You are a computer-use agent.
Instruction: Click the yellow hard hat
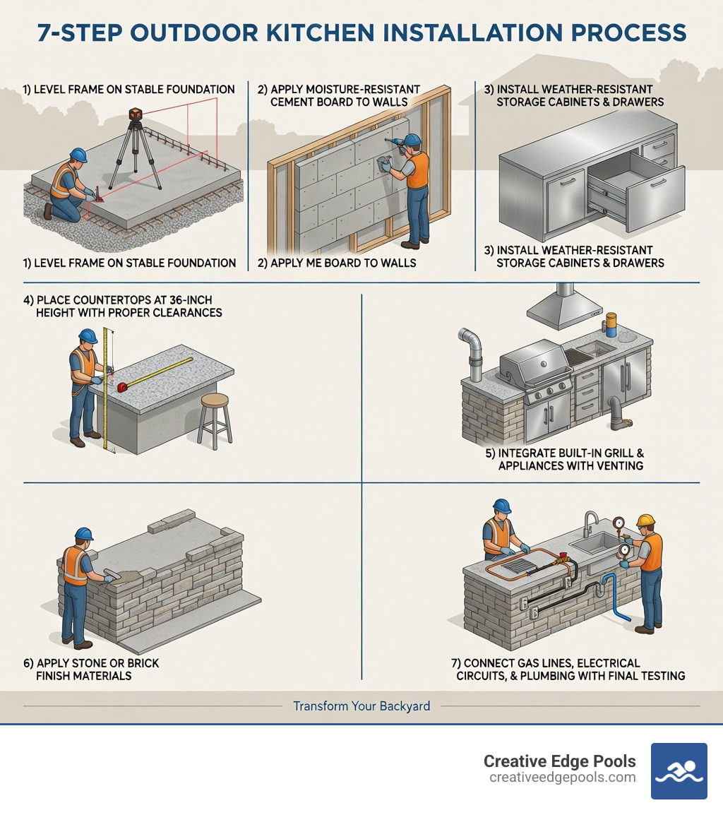pos(645,520)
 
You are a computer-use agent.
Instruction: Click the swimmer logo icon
pos(679,771)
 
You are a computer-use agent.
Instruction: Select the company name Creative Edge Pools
pos(559,761)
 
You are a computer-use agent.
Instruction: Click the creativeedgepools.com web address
pos(562,778)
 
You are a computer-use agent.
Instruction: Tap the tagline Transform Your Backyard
pos(361,706)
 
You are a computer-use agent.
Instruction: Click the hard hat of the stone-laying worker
pos(83,534)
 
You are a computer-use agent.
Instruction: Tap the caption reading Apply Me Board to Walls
pos(337,263)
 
